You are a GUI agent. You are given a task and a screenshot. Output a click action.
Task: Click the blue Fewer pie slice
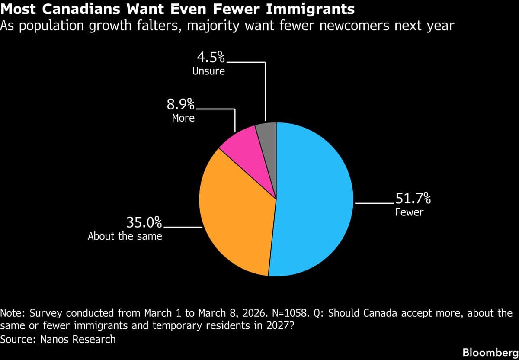click(x=316, y=199)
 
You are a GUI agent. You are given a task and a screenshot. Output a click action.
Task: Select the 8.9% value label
click(x=180, y=104)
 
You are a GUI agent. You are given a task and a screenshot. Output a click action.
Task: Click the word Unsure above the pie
click(x=208, y=71)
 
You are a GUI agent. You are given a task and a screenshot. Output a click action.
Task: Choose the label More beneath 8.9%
click(x=183, y=118)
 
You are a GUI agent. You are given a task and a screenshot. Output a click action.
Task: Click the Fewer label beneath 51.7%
click(x=409, y=212)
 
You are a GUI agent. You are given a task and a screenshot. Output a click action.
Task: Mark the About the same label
click(x=125, y=236)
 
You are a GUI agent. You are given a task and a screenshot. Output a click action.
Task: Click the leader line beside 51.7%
click(x=373, y=202)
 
